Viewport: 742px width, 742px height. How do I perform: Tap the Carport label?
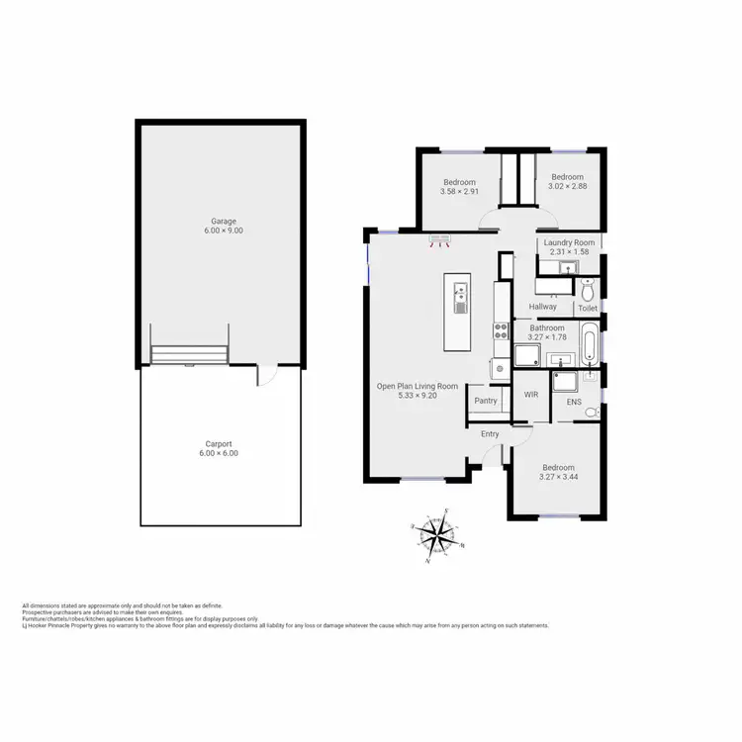click(x=219, y=444)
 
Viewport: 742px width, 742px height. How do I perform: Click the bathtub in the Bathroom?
click(x=591, y=342)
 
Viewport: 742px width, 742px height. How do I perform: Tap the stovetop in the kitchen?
click(x=501, y=331)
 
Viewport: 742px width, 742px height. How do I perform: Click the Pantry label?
click(x=486, y=401)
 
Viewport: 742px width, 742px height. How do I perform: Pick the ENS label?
click(x=574, y=403)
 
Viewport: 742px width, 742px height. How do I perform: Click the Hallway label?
click(x=543, y=307)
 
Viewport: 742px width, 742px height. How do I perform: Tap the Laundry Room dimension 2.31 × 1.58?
click(x=569, y=253)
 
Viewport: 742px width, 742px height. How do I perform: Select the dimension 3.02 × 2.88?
click(x=568, y=186)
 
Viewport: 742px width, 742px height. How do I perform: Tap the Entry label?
click(x=490, y=434)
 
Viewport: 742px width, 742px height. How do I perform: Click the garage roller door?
click(x=190, y=354)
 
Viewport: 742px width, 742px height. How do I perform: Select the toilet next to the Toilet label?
click(x=588, y=290)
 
